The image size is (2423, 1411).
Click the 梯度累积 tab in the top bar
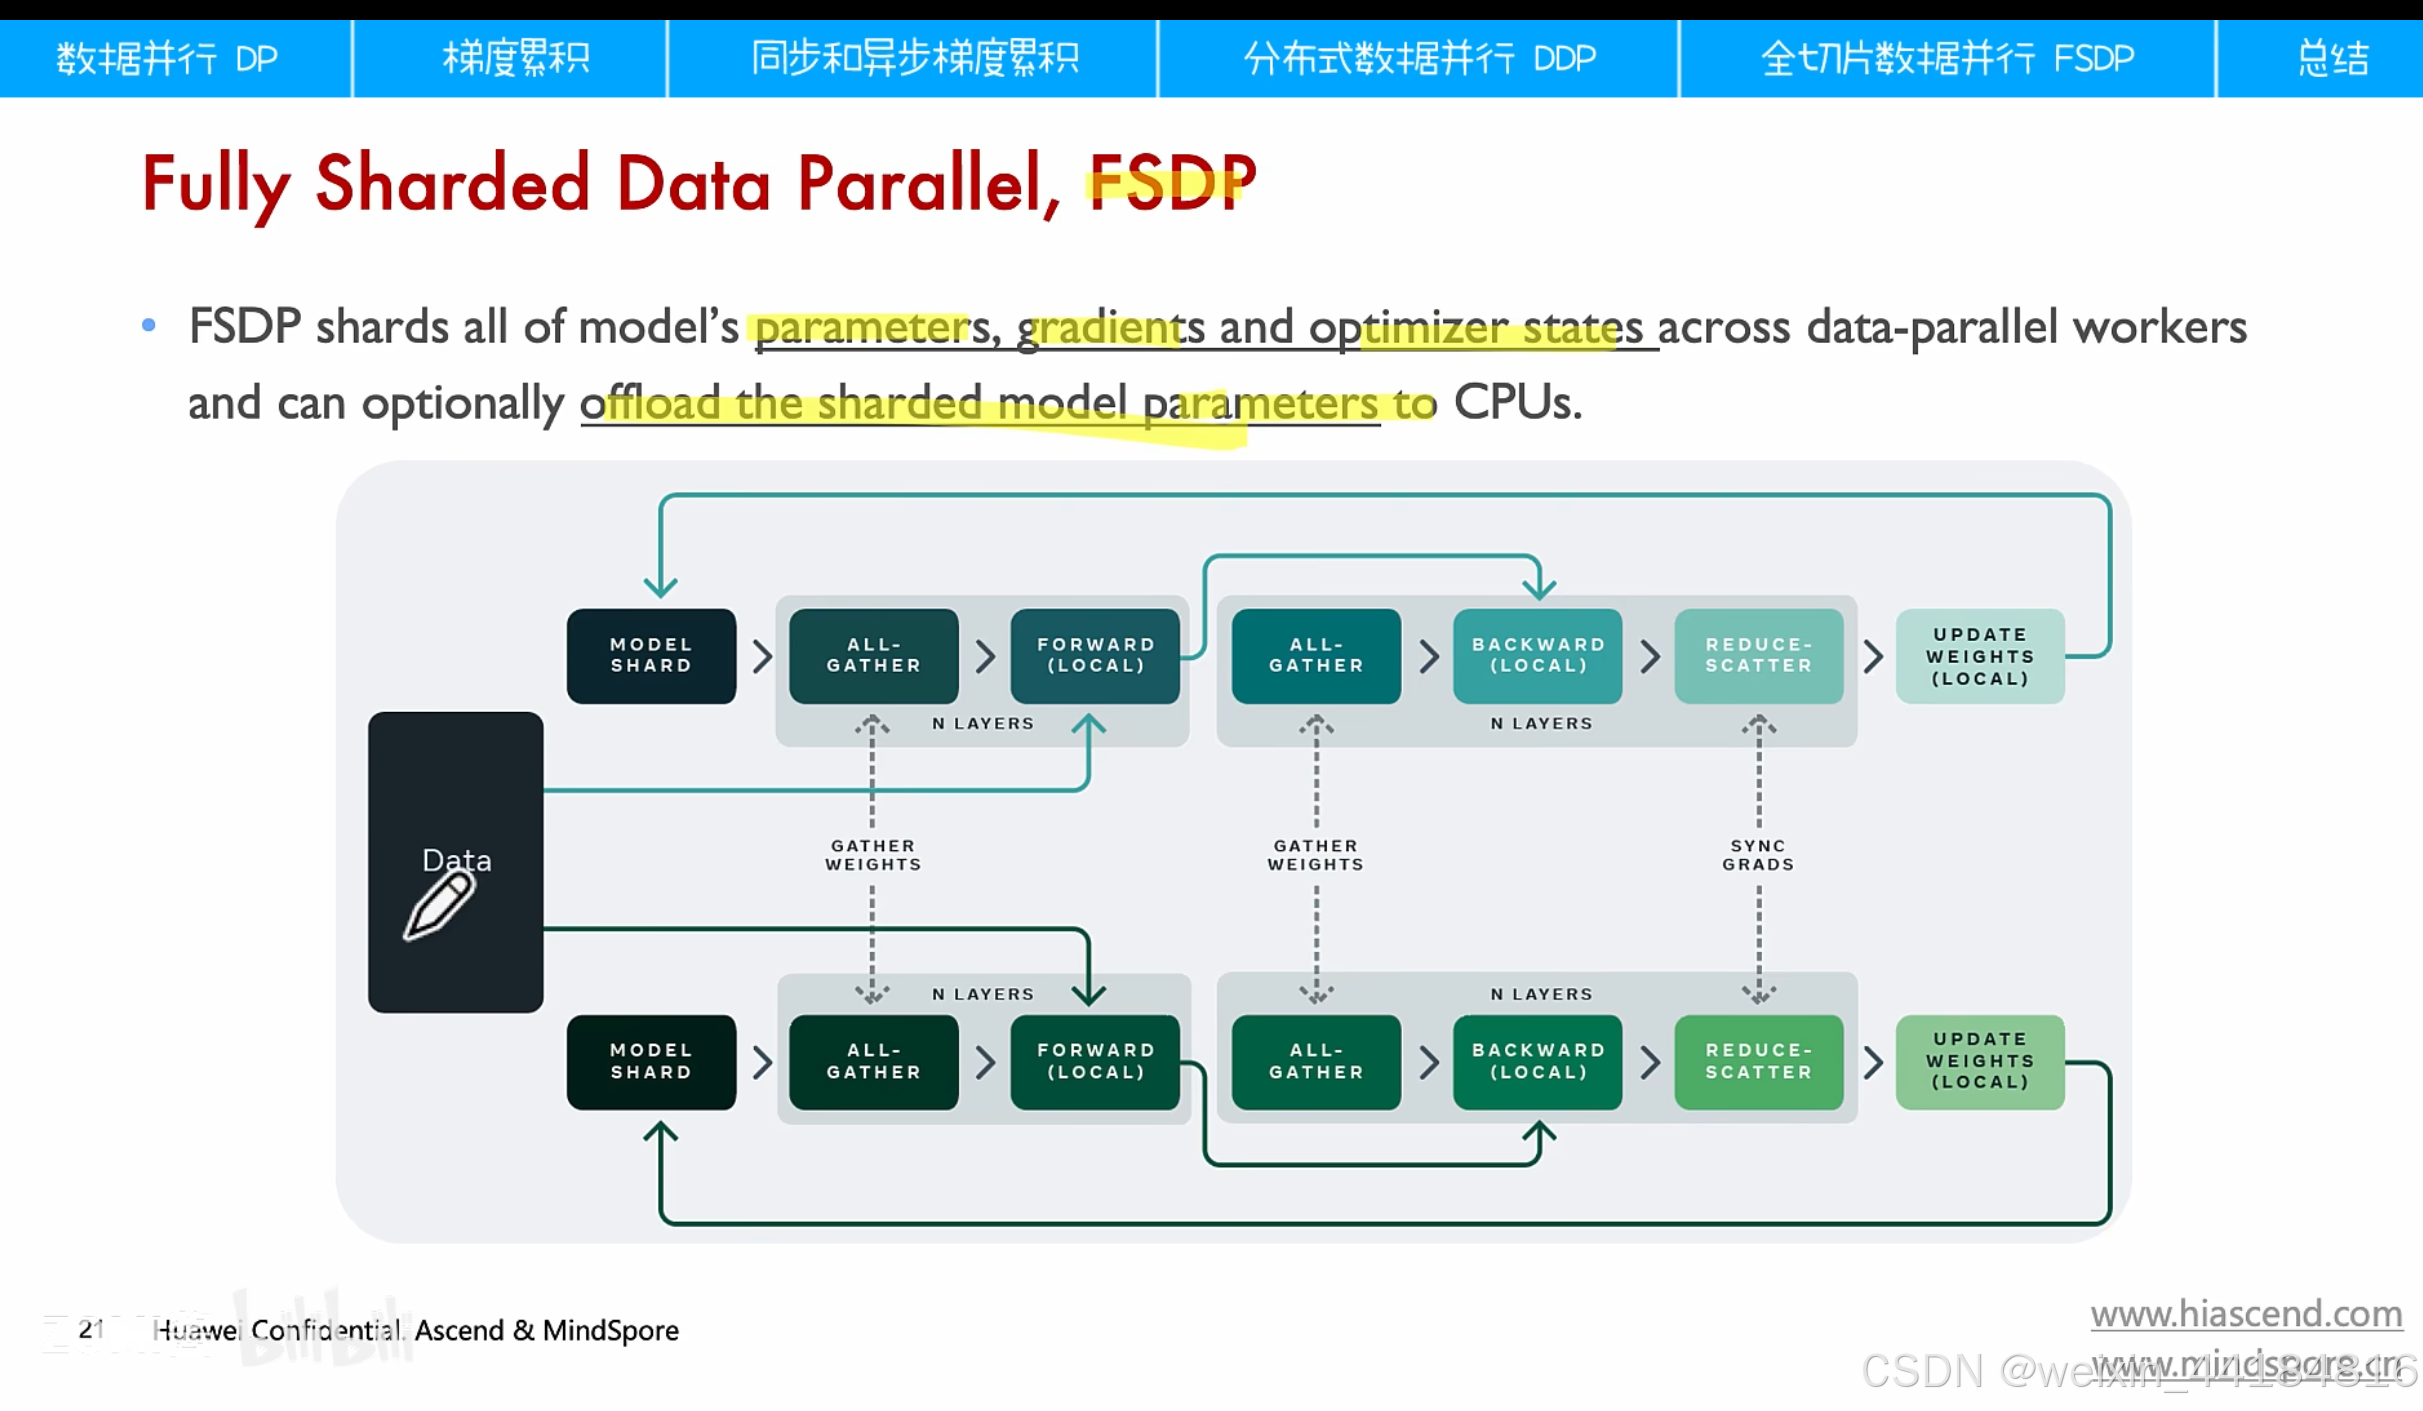tap(516, 58)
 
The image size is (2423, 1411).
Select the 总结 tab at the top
tap(2331, 58)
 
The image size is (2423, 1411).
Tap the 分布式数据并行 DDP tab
tap(1418, 58)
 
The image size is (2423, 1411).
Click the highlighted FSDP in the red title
tap(1171, 184)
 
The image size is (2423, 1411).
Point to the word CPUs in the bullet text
tap(1516, 403)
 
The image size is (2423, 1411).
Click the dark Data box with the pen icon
tap(456, 861)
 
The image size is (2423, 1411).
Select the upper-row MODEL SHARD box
tap(651, 656)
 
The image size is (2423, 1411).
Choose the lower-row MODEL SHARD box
tap(651, 1061)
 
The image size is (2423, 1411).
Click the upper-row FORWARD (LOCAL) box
tap(1095, 656)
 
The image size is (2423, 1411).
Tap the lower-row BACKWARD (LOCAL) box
tap(1538, 1061)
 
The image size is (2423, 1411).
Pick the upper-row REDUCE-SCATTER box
tap(1759, 656)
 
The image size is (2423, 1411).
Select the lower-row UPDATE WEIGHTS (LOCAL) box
tap(1980, 1061)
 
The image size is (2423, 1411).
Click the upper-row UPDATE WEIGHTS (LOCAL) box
tap(1980, 656)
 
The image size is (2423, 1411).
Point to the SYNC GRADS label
tap(1758, 855)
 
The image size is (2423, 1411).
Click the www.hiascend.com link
tap(2246, 1313)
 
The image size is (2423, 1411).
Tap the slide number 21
tap(91, 1329)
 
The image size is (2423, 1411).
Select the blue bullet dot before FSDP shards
tap(149, 325)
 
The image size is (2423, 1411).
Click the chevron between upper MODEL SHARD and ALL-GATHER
tap(762, 656)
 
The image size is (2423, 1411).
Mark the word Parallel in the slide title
tap(928, 184)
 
